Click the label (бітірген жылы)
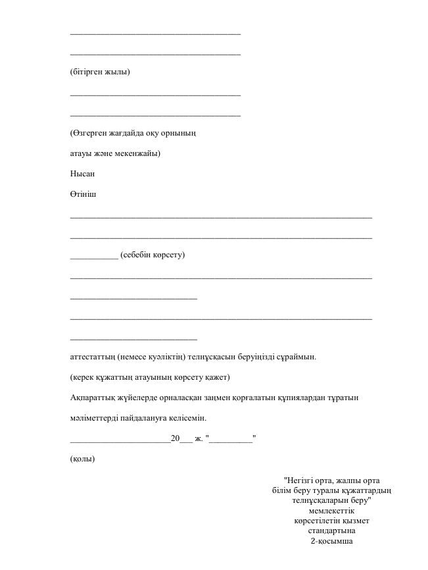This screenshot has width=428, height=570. pos(100,72)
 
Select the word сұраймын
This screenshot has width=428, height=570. pos(297,357)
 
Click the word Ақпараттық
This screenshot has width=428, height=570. pos(93,398)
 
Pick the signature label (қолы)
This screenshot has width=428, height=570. pos(82,459)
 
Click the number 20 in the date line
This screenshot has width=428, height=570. pos(175,439)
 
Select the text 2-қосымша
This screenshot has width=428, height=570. pos(332,541)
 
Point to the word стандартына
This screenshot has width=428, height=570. pos(332,531)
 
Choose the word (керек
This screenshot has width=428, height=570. pos(83,378)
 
